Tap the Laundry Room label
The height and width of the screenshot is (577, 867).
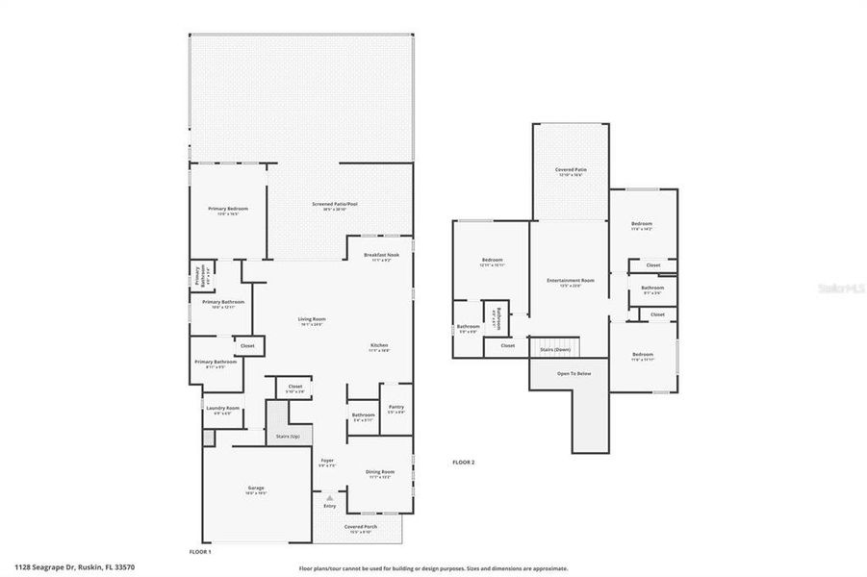click(222, 409)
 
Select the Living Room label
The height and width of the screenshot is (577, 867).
click(311, 320)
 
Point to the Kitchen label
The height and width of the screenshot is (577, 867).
click(380, 346)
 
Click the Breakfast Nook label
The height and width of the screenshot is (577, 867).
click(381, 256)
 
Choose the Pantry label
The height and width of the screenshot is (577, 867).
click(395, 407)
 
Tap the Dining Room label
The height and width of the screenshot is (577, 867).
click(380, 471)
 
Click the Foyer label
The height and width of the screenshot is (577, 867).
click(327, 462)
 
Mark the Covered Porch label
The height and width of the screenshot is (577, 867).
click(361, 527)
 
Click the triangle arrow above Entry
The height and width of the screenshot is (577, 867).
click(330, 497)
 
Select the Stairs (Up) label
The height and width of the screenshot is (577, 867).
click(288, 436)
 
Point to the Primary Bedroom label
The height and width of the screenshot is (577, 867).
click(228, 209)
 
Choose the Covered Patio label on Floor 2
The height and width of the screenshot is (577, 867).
click(571, 170)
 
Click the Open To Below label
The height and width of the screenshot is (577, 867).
click(574, 373)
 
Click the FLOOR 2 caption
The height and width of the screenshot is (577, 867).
click(464, 463)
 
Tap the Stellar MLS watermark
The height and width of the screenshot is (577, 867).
click(841, 288)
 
